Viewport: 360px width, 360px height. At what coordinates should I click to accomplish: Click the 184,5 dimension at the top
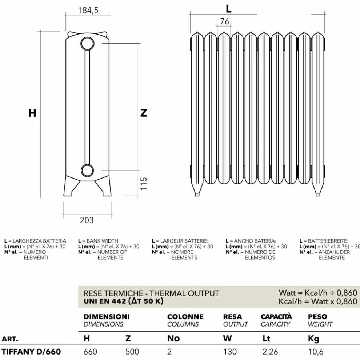click(x=88, y=10)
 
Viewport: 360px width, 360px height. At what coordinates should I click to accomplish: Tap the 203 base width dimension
click(x=87, y=220)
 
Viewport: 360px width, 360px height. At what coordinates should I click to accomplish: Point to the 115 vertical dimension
click(x=144, y=183)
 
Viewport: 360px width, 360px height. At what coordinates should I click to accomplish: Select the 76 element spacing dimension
click(x=224, y=21)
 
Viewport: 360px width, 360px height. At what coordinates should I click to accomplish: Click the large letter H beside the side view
click(x=32, y=113)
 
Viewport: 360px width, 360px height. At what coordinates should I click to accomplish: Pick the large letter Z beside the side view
click(x=144, y=113)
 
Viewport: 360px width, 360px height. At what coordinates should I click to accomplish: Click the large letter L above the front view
click(x=228, y=9)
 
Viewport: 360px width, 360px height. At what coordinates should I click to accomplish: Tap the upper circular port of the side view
click(x=87, y=44)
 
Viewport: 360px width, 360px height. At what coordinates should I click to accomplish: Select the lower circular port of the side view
click(x=87, y=171)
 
